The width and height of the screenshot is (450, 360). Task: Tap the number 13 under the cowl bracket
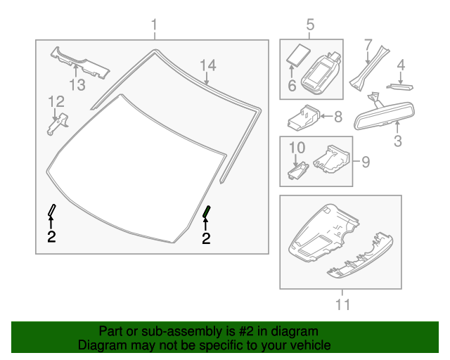tap(77, 85)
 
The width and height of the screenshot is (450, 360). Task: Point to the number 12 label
tap(56, 103)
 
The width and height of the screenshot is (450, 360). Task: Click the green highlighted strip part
tap(207, 212)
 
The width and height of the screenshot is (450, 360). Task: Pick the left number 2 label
tap(51, 236)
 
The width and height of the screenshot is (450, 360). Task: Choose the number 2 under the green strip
tap(206, 239)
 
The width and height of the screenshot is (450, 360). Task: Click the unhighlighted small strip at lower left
tap(52, 210)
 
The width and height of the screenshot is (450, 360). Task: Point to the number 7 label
tap(367, 46)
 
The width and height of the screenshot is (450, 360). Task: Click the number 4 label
tap(401, 65)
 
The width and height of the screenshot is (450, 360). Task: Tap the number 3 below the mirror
tap(397, 141)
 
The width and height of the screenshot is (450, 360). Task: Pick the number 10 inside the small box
tap(297, 148)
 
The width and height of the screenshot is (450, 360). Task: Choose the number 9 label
tap(364, 162)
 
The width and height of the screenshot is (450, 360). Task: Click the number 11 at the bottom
tap(342, 304)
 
